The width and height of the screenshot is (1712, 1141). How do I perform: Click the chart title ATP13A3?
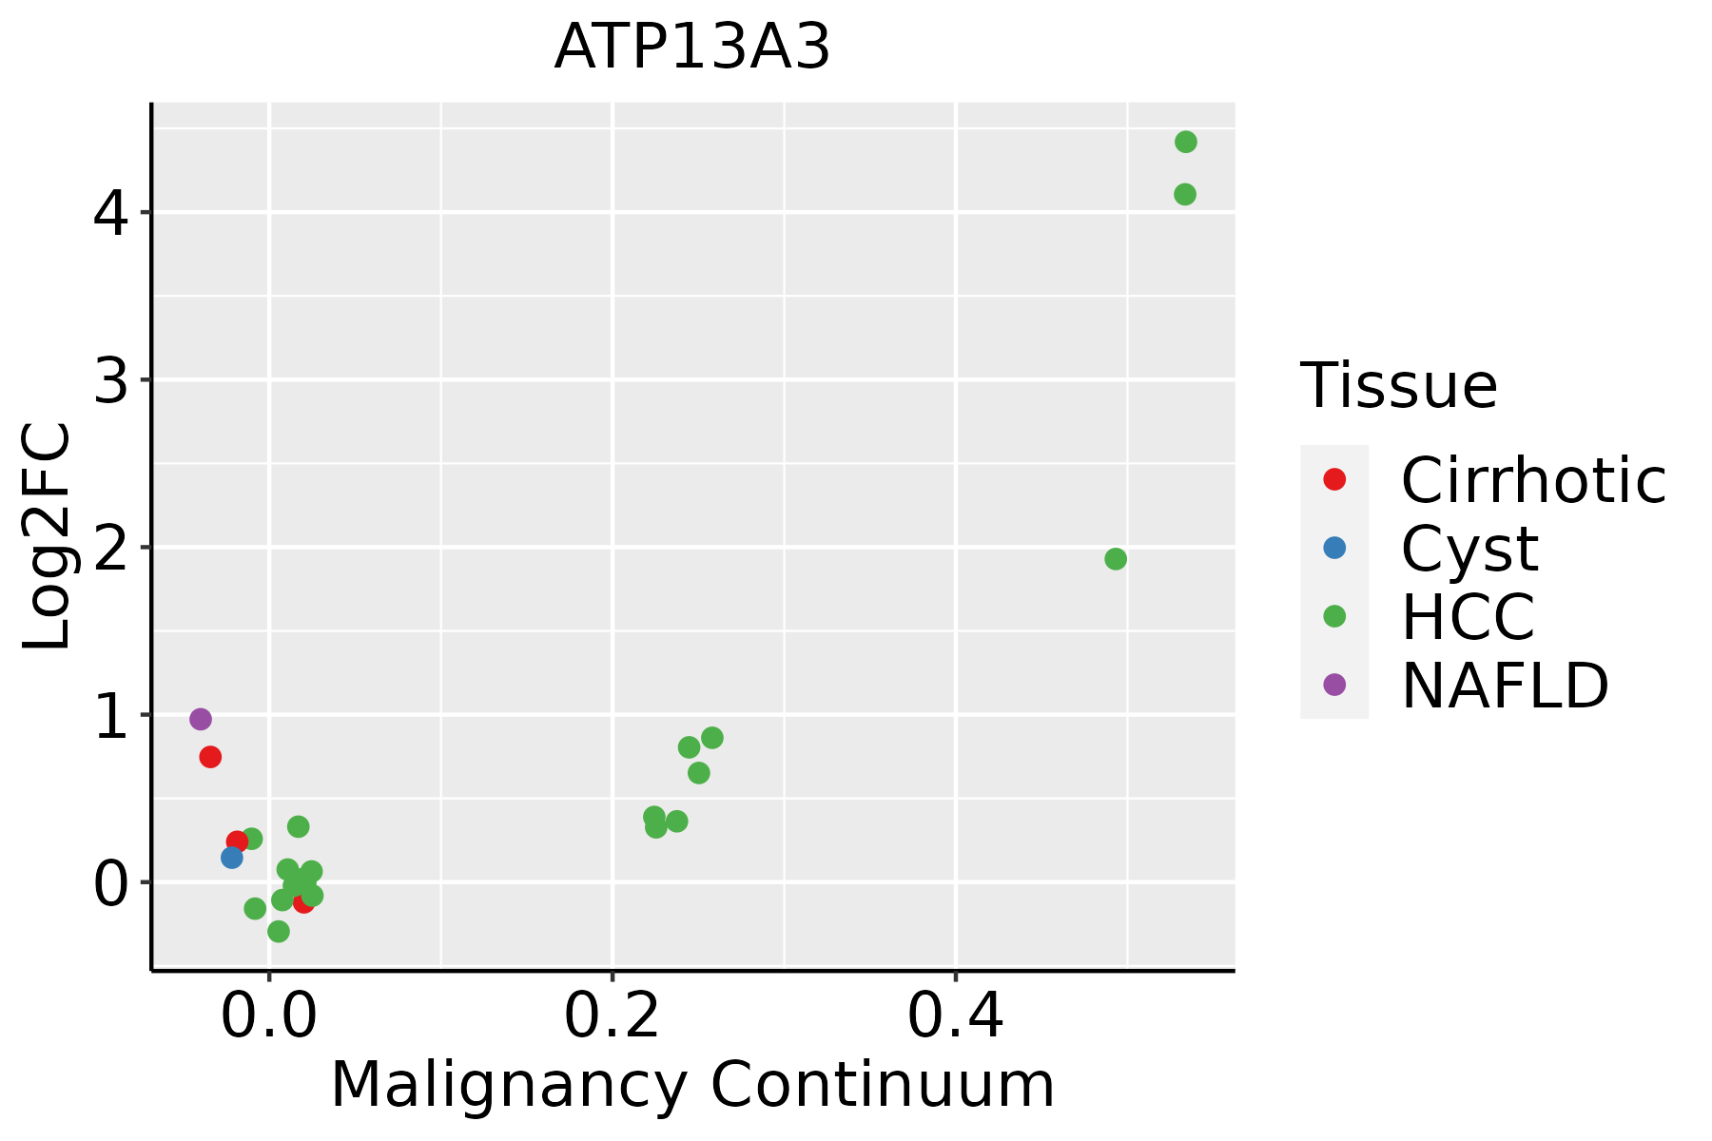(691, 48)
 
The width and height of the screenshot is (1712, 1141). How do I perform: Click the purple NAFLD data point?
(200, 719)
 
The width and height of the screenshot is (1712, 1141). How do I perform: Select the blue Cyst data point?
(231, 858)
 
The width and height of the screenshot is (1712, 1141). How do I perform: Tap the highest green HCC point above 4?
(1185, 143)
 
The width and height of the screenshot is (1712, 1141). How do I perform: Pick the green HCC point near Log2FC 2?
(1116, 559)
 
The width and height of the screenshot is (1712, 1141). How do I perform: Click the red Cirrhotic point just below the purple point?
(210, 757)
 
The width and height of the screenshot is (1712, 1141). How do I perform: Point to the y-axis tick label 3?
(110, 380)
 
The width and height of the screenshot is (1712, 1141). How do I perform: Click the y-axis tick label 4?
(110, 213)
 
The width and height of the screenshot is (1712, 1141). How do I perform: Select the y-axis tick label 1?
(110, 715)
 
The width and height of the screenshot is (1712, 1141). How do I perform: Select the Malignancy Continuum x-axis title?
(691, 1085)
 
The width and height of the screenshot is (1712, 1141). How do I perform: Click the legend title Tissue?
(1398, 386)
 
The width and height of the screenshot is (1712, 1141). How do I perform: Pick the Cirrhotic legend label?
(1532, 480)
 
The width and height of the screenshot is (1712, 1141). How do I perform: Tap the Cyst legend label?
(1469, 549)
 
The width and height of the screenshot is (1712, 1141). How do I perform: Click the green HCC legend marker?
(1334, 616)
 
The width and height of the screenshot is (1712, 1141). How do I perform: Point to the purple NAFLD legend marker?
(1334, 685)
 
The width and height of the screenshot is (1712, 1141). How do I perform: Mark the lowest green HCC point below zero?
(278, 931)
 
